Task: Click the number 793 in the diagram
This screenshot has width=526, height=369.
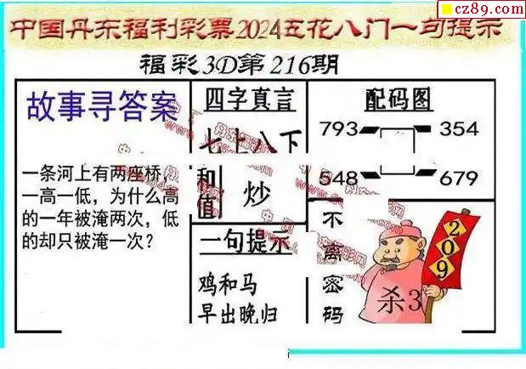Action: [x=338, y=130]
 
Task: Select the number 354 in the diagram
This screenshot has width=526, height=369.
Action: [x=461, y=130]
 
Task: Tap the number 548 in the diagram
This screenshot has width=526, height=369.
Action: [x=338, y=178]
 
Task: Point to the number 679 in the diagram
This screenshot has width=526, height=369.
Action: [x=461, y=178]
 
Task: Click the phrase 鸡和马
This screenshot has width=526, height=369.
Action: [x=228, y=284]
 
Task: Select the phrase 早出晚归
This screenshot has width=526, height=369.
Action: [x=239, y=313]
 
